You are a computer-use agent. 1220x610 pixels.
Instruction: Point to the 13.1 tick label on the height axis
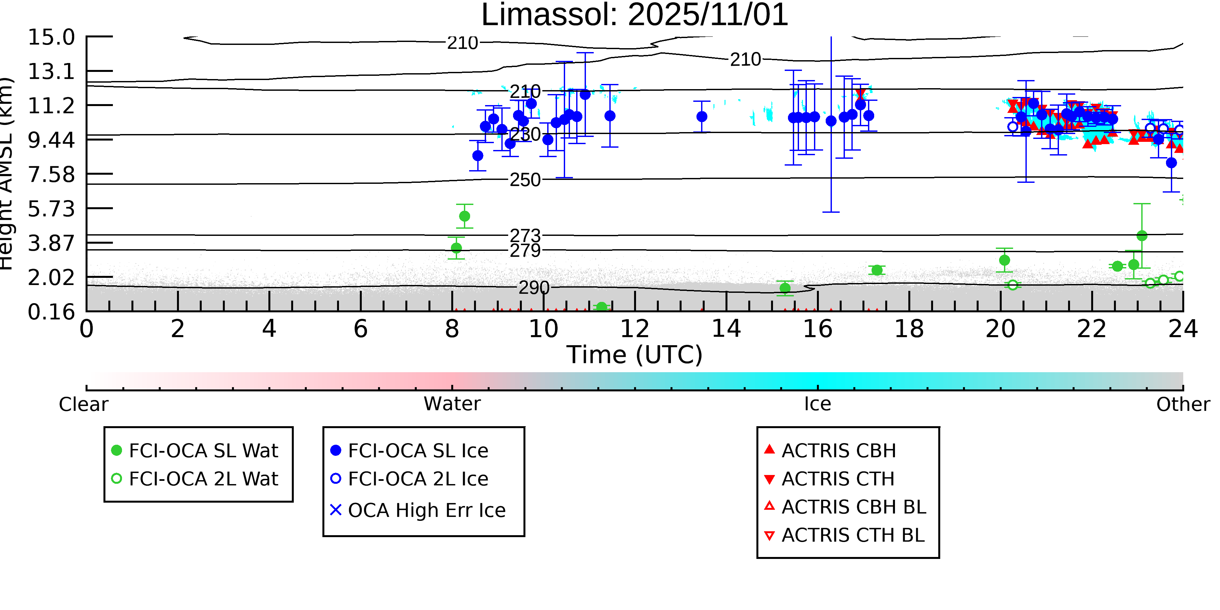[51, 72]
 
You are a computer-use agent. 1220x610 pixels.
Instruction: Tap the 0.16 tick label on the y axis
[51, 312]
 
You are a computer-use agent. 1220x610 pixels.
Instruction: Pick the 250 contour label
[525, 180]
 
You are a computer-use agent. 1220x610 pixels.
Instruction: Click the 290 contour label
[534, 288]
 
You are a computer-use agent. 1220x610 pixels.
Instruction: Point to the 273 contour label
[525, 236]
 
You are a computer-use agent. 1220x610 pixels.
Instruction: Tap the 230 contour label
[525, 134]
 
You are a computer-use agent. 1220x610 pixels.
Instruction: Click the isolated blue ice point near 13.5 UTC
[701, 116]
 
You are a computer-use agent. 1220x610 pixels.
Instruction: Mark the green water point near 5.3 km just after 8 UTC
[465, 216]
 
